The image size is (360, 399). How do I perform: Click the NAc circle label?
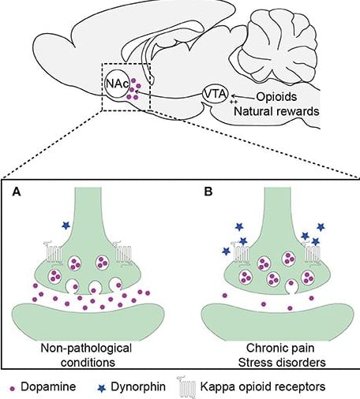[x=118, y=84]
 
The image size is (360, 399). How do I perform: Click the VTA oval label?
[x=215, y=95]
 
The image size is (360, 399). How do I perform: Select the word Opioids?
[x=276, y=97]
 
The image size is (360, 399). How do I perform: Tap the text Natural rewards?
[x=276, y=111]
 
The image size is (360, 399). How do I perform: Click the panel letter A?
[x=17, y=192]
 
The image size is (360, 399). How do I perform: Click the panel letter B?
[x=208, y=192]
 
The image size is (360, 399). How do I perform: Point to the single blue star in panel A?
[x=66, y=226]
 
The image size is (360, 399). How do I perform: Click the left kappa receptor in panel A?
[x=53, y=253]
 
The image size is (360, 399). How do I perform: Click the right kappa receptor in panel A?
[x=122, y=253]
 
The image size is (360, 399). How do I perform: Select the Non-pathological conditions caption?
[x=86, y=355]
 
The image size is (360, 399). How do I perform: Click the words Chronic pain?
[x=280, y=349]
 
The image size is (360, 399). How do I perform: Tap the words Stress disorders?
[x=282, y=363]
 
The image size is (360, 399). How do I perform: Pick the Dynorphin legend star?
[x=102, y=388]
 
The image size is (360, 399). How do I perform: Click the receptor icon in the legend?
[x=186, y=387]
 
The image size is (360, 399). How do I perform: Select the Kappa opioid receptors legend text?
[x=263, y=387]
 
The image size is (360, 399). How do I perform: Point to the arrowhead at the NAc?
[x=137, y=91]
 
